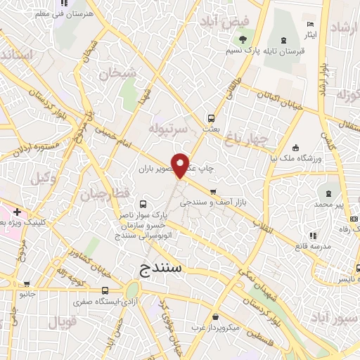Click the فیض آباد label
223,22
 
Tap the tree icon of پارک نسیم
243,39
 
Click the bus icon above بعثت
210,118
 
